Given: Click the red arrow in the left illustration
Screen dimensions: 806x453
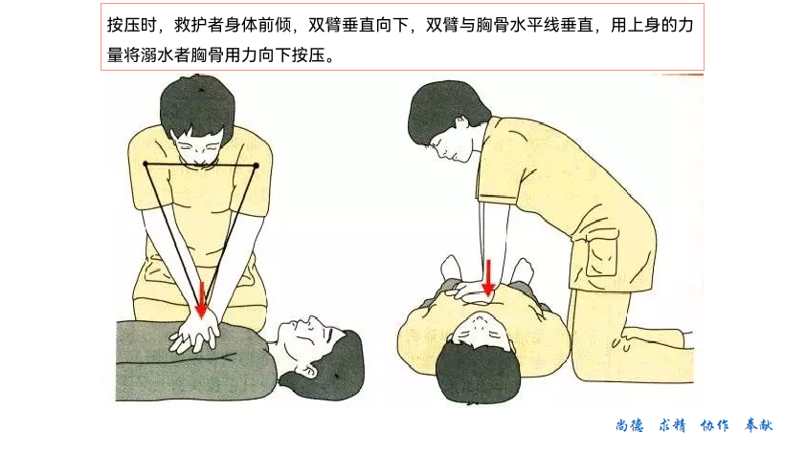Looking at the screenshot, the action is tap(201, 299).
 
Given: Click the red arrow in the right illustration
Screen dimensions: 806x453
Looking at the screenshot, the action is tap(488, 278).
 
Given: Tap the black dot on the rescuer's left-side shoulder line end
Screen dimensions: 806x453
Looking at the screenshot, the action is tap(146, 163).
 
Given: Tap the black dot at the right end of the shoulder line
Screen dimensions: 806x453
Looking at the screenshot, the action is tap(256, 165).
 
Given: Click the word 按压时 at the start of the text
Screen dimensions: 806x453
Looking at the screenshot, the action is tap(131, 25).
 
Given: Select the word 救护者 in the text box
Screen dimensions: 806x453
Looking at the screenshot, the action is tap(199, 25).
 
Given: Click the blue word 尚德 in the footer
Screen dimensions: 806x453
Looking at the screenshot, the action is tap(630, 425).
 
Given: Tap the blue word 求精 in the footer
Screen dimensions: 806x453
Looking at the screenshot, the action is tap(672, 425).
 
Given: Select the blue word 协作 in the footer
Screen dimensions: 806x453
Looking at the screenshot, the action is tap(714, 425).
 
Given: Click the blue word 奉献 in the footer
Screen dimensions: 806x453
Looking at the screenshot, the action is tap(759, 425).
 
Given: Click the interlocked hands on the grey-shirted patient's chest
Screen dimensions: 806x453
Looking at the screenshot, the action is tap(194, 334).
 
